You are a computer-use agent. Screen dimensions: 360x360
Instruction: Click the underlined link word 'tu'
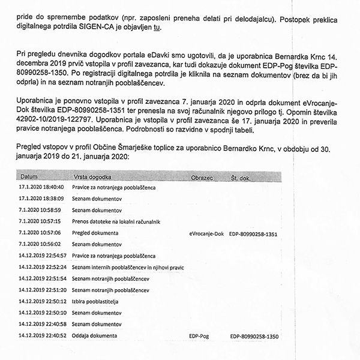click(x=158, y=28)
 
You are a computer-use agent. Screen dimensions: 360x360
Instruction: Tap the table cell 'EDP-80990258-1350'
click(x=256, y=336)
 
